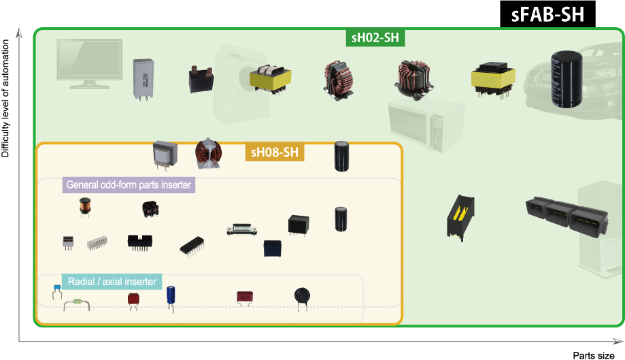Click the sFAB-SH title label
click(547, 14)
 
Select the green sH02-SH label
click(375, 37)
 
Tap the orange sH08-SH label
click(274, 152)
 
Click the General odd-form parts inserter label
click(129, 185)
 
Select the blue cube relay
click(273, 248)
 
